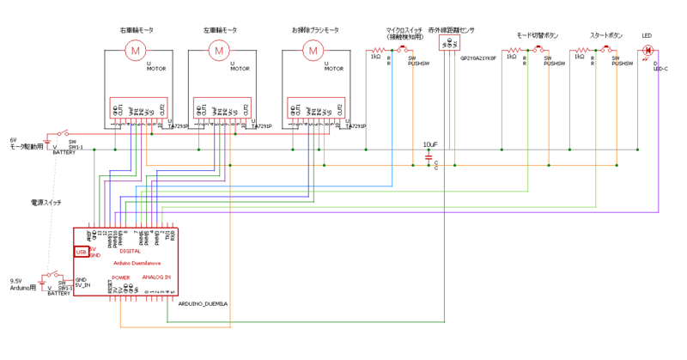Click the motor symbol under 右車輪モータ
click(135, 51)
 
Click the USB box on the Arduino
click(81, 252)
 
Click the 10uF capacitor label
click(430, 144)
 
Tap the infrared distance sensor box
click(447, 46)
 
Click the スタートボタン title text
click(606, 36)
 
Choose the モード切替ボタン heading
click(537, 36)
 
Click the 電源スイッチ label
click(46, 202)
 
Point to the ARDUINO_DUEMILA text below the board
click(204, 303)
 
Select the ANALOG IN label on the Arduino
click(156, 278)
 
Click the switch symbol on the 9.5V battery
click(52, 277)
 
